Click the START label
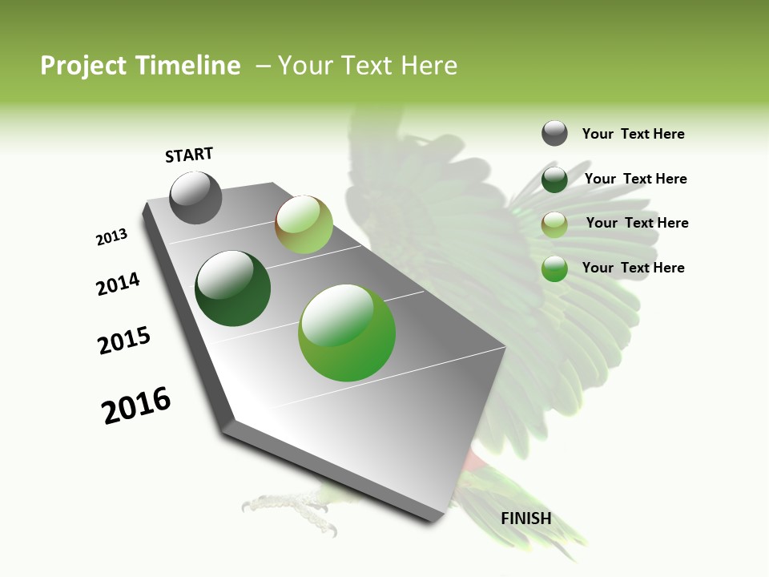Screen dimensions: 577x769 (189, 155)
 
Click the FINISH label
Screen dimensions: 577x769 (526, 518)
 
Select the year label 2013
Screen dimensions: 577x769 (111, 237)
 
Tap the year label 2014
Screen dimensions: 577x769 (118, 284)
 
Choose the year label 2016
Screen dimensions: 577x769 (136, 406)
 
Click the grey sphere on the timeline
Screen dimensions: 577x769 (195, 198)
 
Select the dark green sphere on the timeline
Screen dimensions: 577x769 (232, 288)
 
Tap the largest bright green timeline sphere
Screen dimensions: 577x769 (347, 333)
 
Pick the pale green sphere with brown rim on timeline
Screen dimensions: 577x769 (304, 224)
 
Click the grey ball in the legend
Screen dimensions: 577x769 (554, 133)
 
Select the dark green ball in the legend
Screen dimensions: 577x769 (554, 179)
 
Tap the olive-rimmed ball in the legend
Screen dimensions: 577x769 (554, 224)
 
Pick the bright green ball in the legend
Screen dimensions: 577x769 (554, 268)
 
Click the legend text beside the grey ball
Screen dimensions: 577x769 (633, 134)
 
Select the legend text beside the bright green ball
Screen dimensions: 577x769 (633, 268)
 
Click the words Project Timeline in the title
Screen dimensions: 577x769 (140, 66)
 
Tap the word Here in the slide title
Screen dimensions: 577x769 (428, 66)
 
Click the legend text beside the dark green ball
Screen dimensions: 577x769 (635, 179)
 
